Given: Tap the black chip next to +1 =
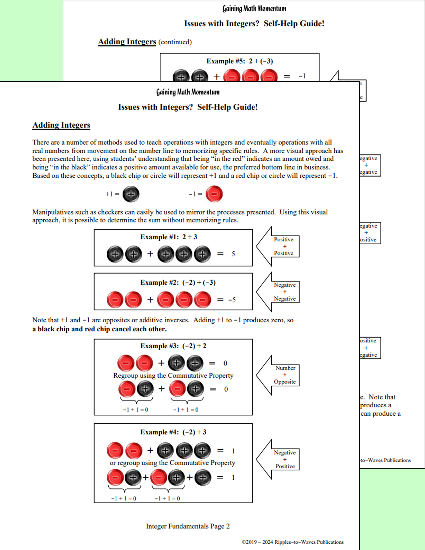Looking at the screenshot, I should (x=131, y=194).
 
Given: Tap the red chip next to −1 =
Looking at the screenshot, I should (x=214, y=194).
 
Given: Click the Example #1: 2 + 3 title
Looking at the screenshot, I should (x=169, y=237).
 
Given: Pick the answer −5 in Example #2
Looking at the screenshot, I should (x=232, y=300).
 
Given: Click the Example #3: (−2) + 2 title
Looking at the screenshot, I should (x=173, y=346).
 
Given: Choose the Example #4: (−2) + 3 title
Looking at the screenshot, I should (x=173, y=432).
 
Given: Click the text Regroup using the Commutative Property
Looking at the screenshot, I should (x=173, y=375).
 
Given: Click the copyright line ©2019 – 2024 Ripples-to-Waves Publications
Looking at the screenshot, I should (x=292, y=542).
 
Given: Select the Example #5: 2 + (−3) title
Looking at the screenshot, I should (x=240, y=61).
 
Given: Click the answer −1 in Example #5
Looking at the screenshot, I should (x=302, y=76).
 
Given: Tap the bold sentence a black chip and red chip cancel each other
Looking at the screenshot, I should (x=99, y=329).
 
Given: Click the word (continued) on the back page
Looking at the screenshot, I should (x=175, y=42).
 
